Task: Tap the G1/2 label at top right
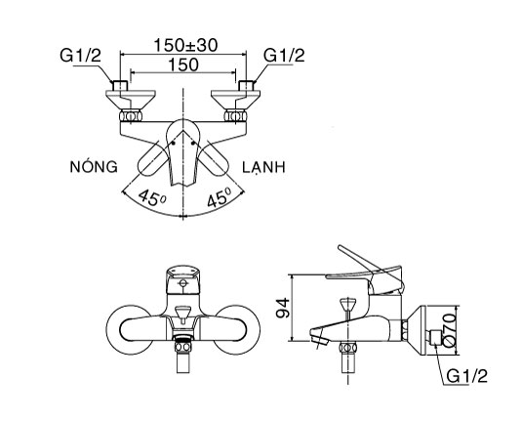pos(285,57)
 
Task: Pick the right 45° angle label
pos(220,197)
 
